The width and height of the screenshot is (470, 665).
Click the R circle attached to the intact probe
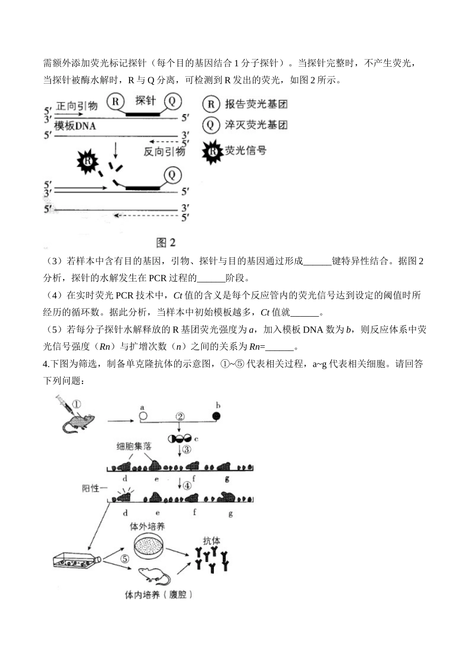coord(115,102)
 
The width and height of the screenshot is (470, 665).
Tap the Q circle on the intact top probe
coord(172,101)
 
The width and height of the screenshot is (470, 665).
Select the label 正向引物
coord(77,106)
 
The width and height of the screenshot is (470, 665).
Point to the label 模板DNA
coord(75,126)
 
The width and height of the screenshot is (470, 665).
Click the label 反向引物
coord(164,151)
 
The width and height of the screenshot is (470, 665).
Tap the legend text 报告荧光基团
coord(256,104)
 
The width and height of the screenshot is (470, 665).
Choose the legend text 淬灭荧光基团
coord(256,125)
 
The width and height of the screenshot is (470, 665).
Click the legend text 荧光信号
coord(245,150)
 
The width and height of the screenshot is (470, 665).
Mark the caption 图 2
coord(166,242)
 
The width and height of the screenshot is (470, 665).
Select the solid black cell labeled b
coord(216,416)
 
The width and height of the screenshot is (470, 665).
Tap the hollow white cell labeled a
coord(142,416)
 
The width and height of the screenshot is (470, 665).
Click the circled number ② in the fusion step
coord(180,416)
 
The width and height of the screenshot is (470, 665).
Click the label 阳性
coord(92,489)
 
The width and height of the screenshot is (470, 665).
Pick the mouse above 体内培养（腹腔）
coord(154,577)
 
